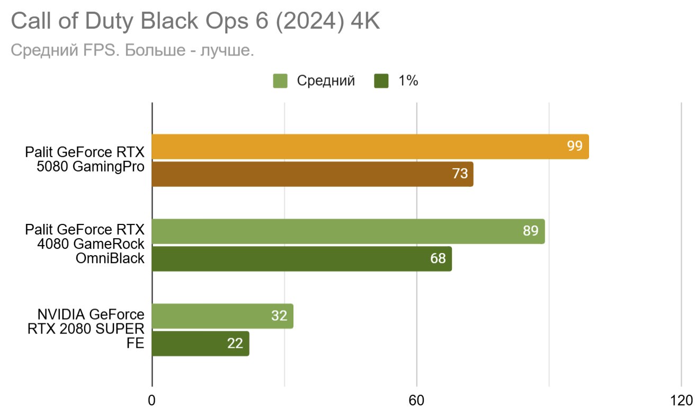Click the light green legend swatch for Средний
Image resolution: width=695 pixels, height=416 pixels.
click(280, 81)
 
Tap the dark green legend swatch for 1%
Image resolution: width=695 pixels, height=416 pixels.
click(381, 81)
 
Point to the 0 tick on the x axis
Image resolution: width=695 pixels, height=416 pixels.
click(152, 401)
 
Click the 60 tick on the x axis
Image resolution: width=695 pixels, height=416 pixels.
click(417, 401)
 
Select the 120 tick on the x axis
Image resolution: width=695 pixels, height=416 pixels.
click(681, 401)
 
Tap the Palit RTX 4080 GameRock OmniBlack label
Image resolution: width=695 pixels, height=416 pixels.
click(85, 244)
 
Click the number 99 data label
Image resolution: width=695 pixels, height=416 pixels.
click(575, 147)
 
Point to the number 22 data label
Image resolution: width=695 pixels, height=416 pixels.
click(235, 343)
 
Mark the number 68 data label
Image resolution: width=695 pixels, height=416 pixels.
click(438, 259)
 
